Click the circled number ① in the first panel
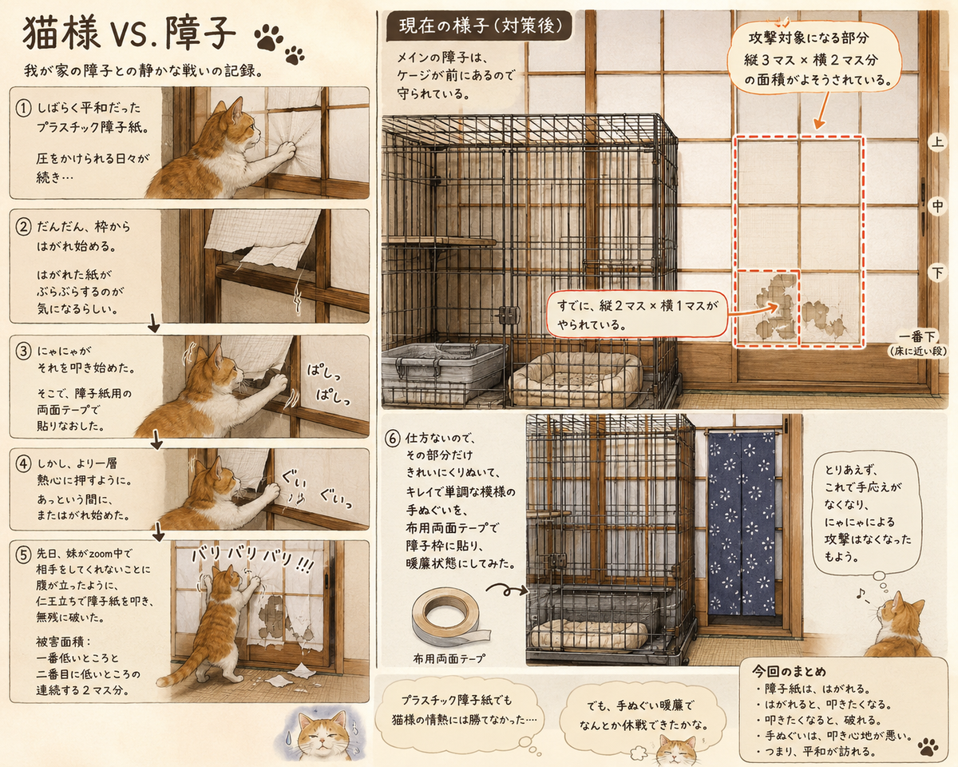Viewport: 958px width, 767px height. coord(23,109)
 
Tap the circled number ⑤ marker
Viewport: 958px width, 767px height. coord(23,554)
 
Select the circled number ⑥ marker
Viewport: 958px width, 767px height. coord(392,438)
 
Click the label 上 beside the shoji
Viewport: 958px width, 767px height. coord(937,143)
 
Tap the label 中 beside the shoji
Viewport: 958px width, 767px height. coord(937,206)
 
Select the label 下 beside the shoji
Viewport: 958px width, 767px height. coord(937,272)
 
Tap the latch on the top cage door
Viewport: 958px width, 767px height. coord(508,314)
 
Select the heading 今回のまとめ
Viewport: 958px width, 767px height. coord(789,671)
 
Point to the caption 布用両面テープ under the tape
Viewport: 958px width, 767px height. coord(449,658)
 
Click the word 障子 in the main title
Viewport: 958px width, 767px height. coord(200,33)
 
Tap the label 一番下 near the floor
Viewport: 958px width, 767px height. coord(918,336)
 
